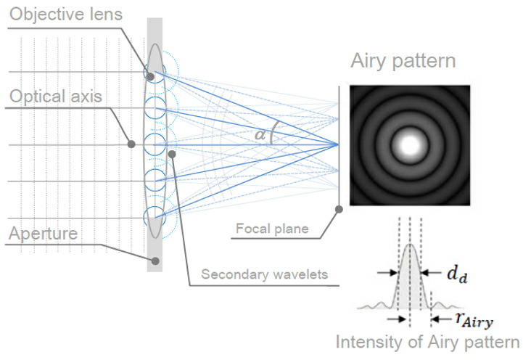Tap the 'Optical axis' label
[x=56, y=97]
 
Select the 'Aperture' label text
[x=46, y=234]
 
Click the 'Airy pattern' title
[x=403, y=60]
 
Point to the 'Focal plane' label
[x=273, y=230]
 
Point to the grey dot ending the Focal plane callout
[x=339, y=210]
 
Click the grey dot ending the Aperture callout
[x=155, y=260]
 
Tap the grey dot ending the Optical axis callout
[x=131, y=144]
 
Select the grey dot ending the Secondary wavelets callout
[x=171, y=152]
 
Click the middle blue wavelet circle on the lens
[x=155, y=144]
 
